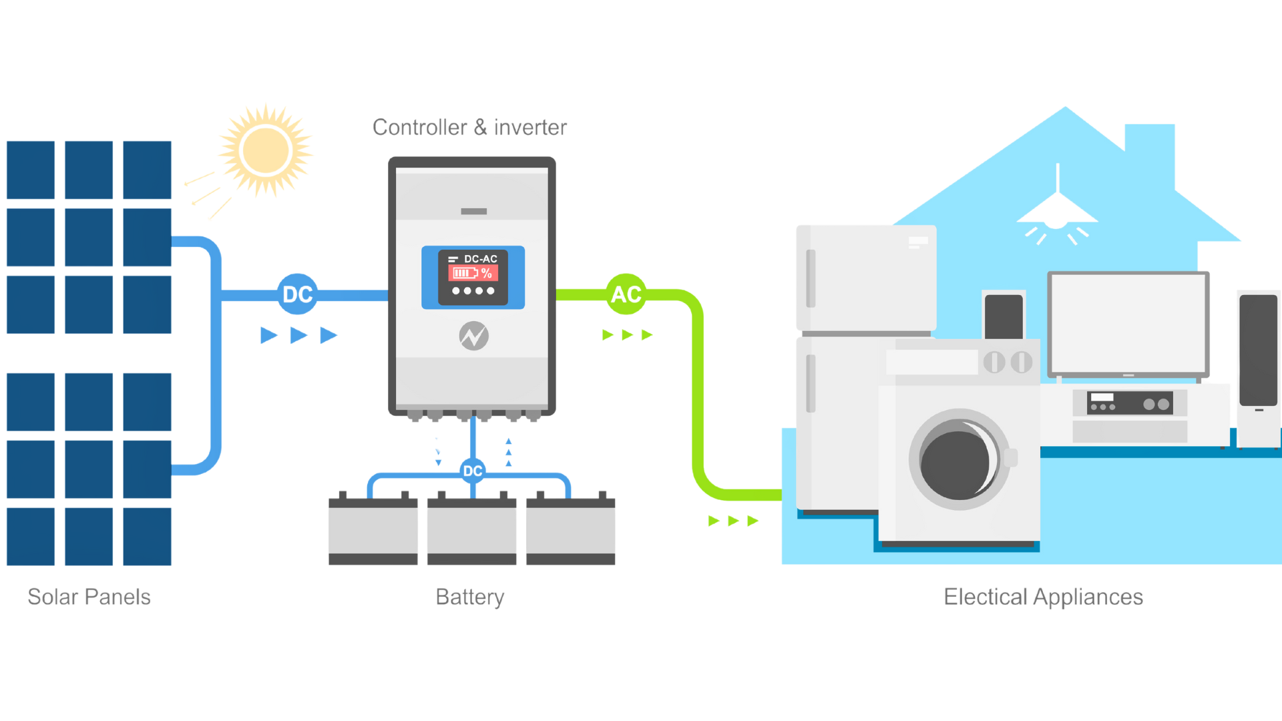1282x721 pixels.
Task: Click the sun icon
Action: [266, 151]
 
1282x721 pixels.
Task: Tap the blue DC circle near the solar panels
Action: [297, 294]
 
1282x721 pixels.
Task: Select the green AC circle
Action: [626, 294]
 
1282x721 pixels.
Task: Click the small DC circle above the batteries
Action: [473, 471]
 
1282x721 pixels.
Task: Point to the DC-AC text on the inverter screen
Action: [480, 259]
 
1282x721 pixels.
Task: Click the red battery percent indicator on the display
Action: [472, 273]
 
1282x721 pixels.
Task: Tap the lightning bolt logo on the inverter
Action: [473, 336]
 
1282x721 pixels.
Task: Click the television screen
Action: [1128, 323]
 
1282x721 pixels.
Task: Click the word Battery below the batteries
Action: [470, 597]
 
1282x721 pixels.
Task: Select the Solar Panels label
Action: [89, 597]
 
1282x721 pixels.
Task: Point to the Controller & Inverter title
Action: [469, 127]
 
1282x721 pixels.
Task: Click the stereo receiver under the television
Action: [1130, 403]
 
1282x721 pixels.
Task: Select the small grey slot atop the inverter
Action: [473, 212]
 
